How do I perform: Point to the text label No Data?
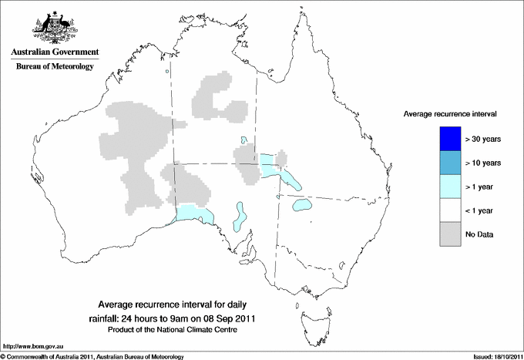(x=479, y=234)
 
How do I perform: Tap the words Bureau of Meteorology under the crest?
(x=55, y=67)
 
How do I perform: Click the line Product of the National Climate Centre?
(x=178, y=330)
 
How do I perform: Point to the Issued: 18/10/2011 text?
(x=493, y=356)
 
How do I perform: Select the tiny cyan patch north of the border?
(x=244, y=140)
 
